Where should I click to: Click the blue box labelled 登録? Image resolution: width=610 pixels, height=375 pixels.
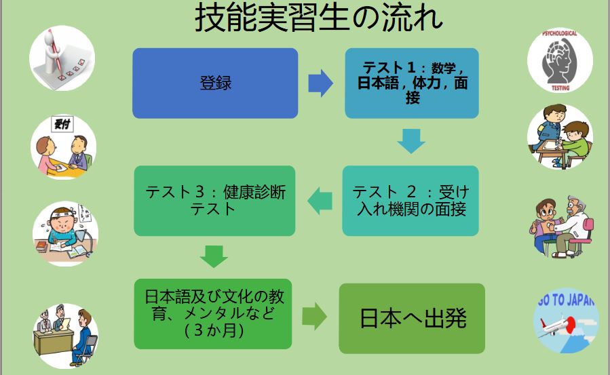click(x=215, y=83)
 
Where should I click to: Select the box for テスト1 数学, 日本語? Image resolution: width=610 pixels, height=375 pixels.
click(x=412, y=83)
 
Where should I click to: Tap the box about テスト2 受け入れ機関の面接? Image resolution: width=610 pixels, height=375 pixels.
click(x=412, y=201)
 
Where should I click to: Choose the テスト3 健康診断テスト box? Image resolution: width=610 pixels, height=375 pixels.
click(x=215, y=201)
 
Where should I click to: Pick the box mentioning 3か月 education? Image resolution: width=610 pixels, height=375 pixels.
click(x=213, y=313)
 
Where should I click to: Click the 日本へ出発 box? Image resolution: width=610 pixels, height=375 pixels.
click(x=412, y=318)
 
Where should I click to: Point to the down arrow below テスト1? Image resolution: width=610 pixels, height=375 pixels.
click(x=411, y=141)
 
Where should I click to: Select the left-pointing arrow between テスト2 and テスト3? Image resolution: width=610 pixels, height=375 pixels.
click(x=320, y=200)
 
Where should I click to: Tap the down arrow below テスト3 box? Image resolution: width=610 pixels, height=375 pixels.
click(x=214, y=256)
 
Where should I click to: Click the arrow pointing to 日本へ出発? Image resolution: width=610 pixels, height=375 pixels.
click(x=314, y=317)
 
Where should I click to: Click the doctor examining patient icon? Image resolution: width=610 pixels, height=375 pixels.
click(x=560, y=227)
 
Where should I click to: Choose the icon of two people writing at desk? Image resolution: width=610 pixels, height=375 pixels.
click(x=560, y=138)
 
